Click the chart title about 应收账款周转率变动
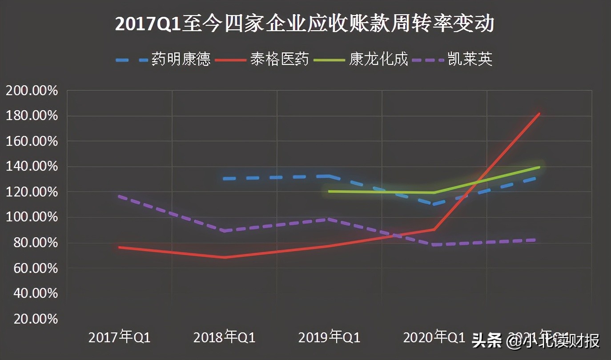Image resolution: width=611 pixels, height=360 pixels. [305, 24]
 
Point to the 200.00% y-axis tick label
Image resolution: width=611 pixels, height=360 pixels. [32, 91]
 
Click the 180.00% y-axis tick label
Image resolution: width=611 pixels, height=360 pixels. [32, 116]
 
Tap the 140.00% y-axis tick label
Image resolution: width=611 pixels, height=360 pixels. [32, 167]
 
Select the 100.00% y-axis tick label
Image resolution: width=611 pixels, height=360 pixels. [32, 218]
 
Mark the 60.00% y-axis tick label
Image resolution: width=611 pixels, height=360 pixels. [32, 268]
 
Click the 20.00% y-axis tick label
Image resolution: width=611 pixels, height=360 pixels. [32, 319]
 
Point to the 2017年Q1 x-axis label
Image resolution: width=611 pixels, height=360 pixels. [120, 337]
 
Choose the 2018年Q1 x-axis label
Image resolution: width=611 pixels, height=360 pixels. [225, 337]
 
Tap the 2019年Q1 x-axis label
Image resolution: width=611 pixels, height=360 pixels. [330, 337]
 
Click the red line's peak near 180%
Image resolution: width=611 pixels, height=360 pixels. [539, 114]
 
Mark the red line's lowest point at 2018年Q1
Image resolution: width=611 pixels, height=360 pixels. [225, 257]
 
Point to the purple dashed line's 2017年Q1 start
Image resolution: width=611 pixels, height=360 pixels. [120, 196]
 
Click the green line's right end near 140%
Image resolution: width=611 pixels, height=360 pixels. [539, 167]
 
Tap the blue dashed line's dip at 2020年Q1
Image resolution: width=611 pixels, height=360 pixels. [434, 204]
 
